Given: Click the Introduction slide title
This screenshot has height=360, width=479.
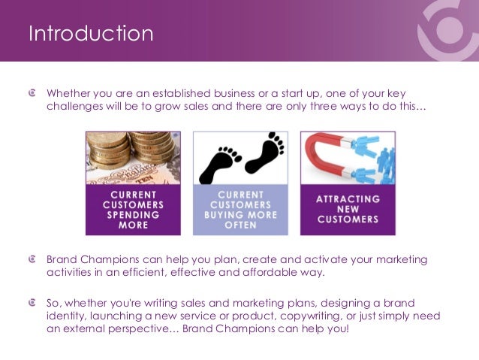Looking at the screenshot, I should [90, 34].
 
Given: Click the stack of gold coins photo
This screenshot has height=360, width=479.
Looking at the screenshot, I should [133, 156].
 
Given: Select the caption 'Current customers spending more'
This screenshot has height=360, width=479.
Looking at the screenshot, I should [133, 210].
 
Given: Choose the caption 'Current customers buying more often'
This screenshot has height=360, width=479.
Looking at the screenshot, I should [240, 210].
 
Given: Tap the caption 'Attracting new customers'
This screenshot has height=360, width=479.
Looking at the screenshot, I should [348, 210].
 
